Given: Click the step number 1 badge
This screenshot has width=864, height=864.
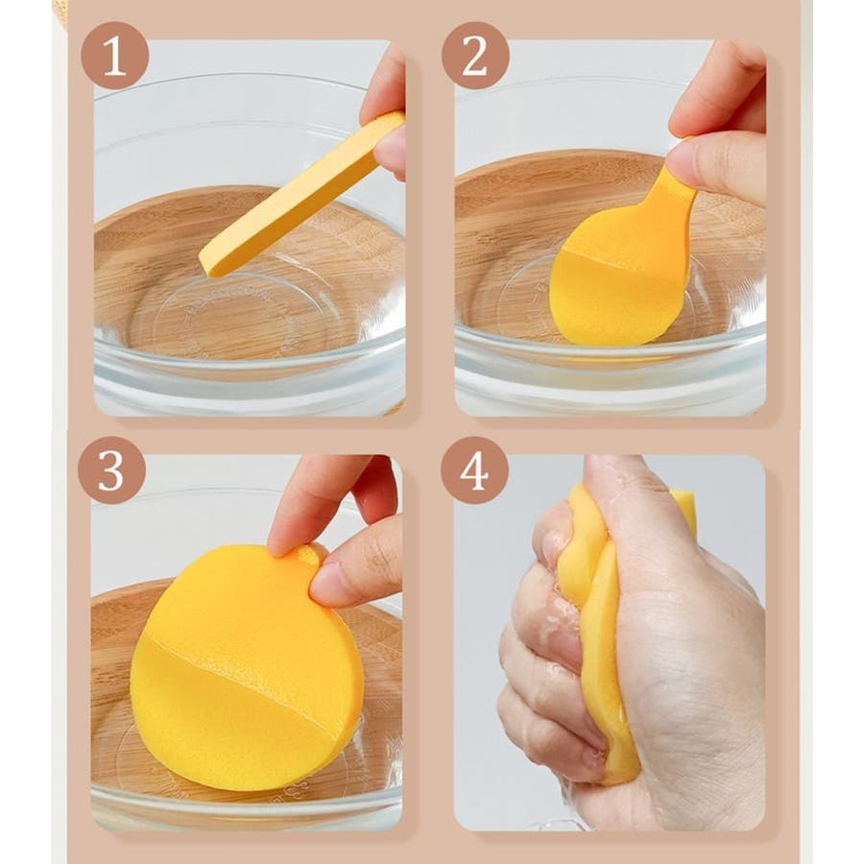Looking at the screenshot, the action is click(x=114, y=56).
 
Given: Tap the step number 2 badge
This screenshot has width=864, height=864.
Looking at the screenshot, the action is click(x=475, y=56).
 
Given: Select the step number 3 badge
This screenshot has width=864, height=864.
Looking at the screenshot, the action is click(x=112, y=470).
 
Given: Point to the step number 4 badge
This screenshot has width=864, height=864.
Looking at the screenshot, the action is click(x=474, y=470).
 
